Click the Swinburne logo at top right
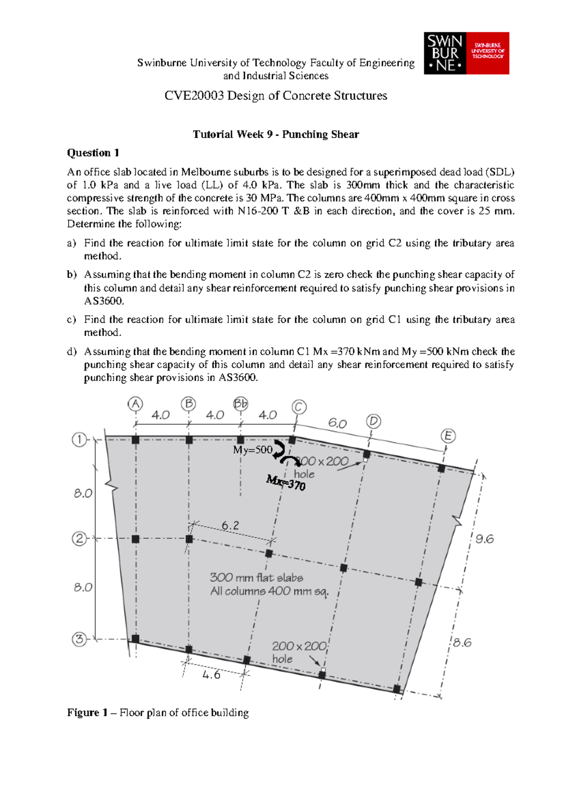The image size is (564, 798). [466, 53]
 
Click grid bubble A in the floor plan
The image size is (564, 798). [135, 404]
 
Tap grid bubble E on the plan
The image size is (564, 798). [448, 436]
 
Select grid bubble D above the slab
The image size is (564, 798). [374, 421]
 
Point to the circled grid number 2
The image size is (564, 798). [79, 539]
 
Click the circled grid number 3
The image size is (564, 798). [79, 639]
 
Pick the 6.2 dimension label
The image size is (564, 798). [230, 525]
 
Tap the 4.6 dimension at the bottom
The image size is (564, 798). [211, 675]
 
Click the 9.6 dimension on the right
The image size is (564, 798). [485, 539]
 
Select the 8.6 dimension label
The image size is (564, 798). [462, 642]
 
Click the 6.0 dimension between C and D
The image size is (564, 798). [337, 423]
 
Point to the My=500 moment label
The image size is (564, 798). [252, 450]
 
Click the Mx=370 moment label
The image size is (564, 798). [286, 482]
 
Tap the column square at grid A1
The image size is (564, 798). [135, 440]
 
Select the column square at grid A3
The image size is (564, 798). [135, 639]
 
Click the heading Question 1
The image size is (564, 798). [93, 153]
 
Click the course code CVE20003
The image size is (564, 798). [194, 96]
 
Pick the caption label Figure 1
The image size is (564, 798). [83, 712]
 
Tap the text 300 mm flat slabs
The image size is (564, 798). [256, 578]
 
